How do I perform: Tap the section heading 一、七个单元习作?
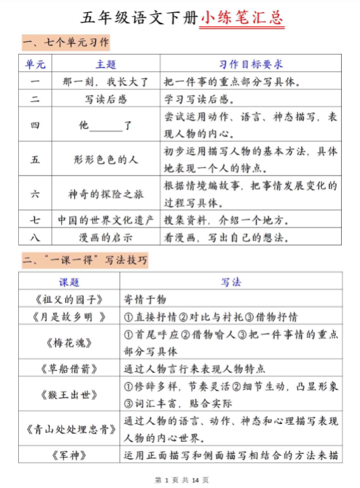(x=65, y=43)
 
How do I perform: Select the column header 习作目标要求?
(x=250, y=65)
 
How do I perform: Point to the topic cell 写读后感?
(x=106, y=99)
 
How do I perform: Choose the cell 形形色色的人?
(x=106, y=160)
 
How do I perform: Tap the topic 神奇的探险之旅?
(x=106, y=193)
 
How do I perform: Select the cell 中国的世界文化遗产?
(x=106, y=220)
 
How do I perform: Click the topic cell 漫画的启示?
(x=106, y=237)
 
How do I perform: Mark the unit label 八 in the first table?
(x=35, y=237)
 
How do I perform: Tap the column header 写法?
(x=231, y=282)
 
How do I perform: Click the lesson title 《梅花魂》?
(x=69, y=343)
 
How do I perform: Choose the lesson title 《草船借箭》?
(x=69, y=368)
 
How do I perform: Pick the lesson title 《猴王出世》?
(x=69, y=395)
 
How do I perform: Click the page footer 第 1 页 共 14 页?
(x=181, y=480)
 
